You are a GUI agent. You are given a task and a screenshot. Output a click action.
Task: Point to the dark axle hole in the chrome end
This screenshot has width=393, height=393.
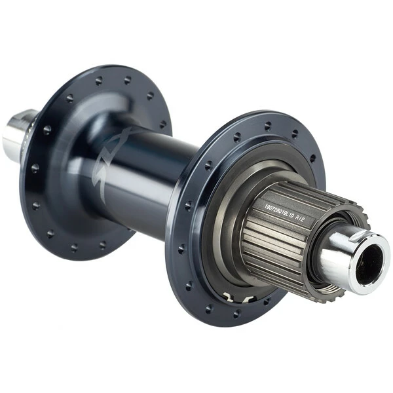click(x=371, y=260)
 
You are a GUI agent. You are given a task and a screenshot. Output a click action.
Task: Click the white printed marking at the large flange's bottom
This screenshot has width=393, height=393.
click(x=236, y=299)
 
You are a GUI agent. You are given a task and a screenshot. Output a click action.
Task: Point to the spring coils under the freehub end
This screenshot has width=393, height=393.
click(x=327, y=288)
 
